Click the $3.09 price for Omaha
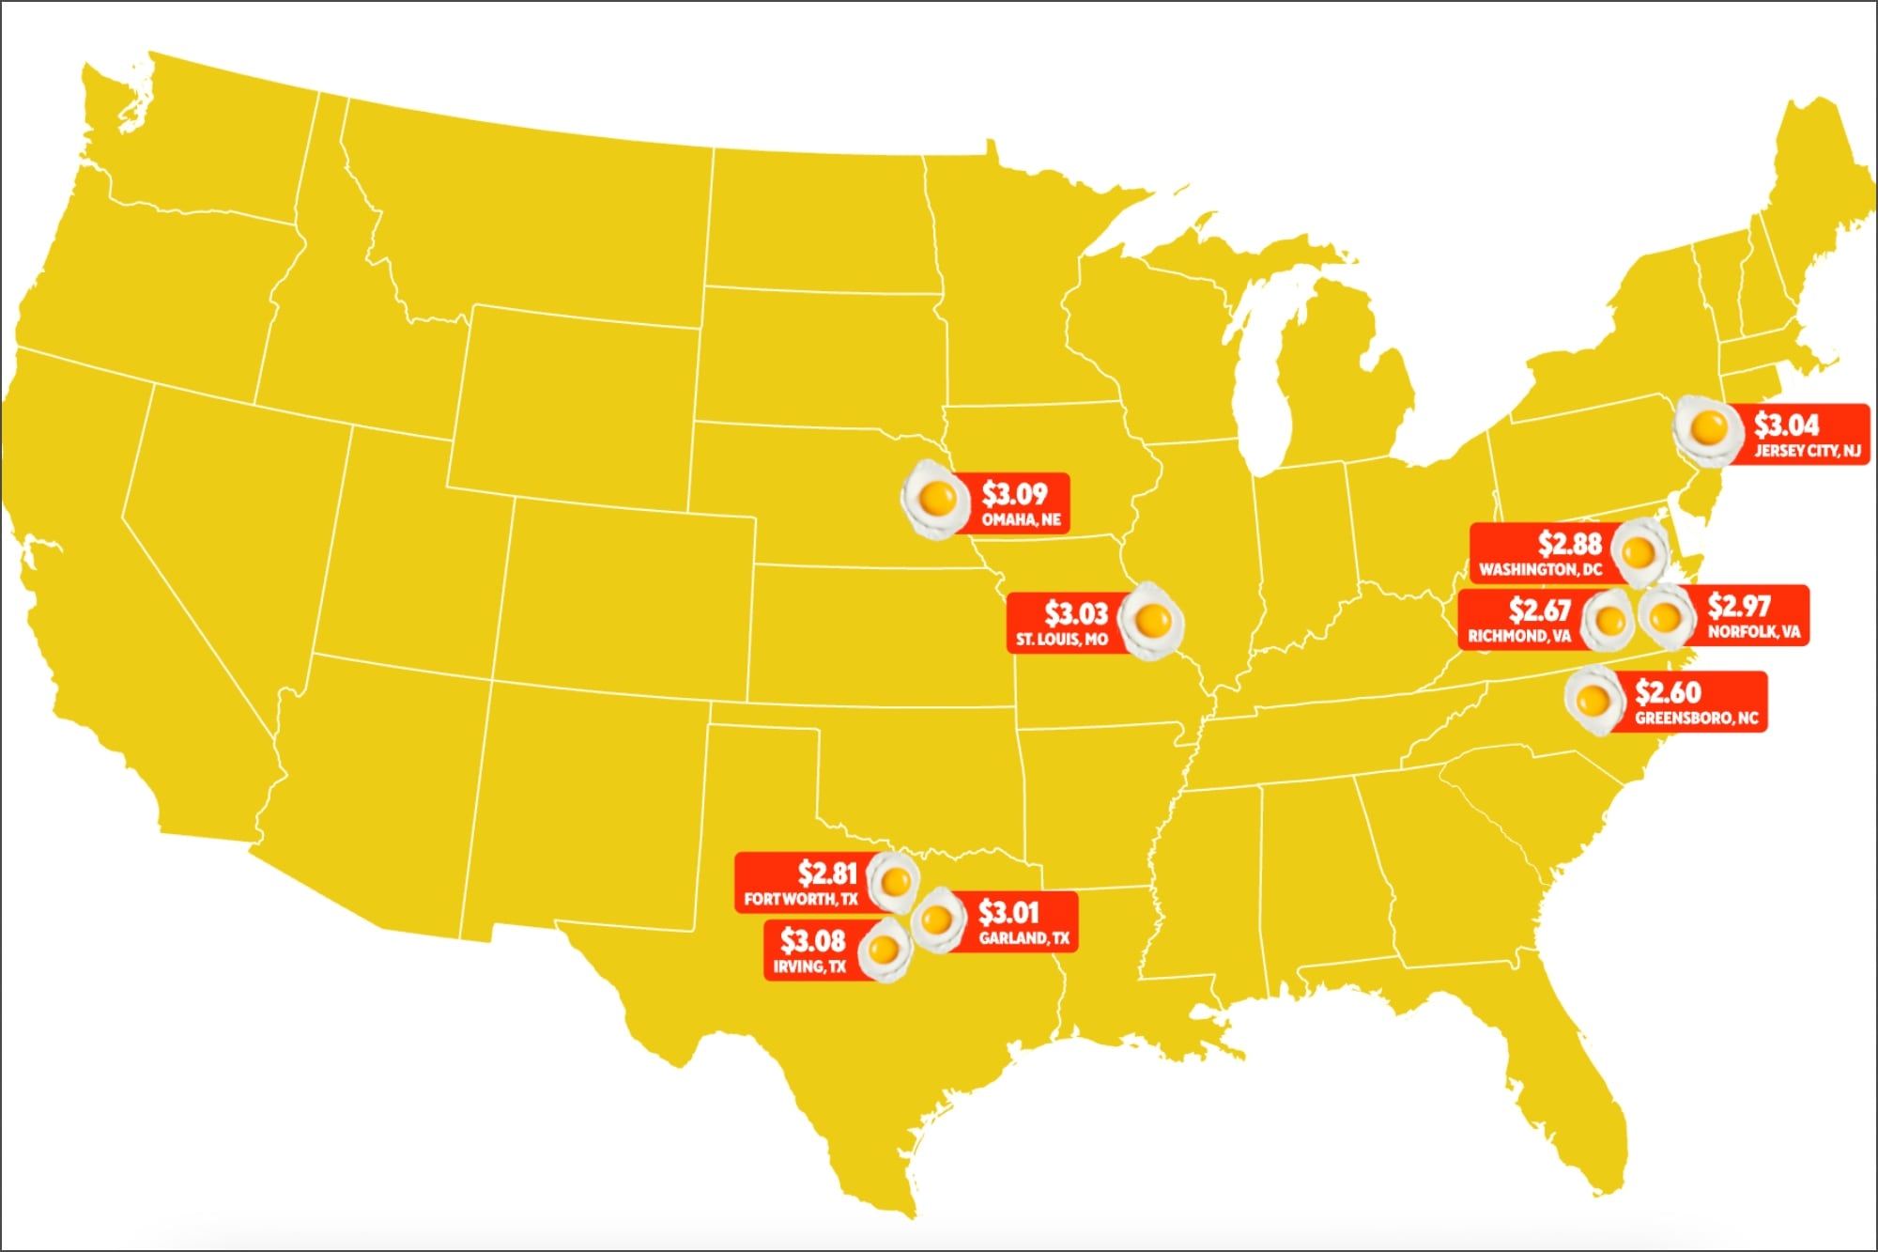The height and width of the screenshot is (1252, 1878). [1014, 493]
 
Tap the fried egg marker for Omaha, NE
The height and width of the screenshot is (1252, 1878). [934, 499]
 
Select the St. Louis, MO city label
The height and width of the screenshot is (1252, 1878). [1061, 640]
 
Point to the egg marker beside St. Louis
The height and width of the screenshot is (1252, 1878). [1152, 620]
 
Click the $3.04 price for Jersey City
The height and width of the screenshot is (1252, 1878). [1787, 425]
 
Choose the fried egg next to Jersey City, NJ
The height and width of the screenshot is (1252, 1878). [1707, 429]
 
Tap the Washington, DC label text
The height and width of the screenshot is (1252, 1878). [1540, 569]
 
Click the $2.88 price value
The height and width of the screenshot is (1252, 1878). [1569, 543]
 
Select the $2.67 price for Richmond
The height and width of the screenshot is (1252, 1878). [1540, 611]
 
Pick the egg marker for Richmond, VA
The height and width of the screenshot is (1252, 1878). [1609, 620]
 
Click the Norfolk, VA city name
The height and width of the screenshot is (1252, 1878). [1753, 631]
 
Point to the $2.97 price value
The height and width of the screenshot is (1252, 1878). [1739, 605]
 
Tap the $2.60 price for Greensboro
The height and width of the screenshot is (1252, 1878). [1668, 692]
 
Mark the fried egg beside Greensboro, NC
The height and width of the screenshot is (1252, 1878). [1593, 701]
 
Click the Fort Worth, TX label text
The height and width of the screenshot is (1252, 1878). [801, 899]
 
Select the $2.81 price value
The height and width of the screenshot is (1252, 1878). [827, 873]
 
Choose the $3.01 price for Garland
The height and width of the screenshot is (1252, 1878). [1008, 912]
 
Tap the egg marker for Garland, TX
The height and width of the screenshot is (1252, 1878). [937, 920]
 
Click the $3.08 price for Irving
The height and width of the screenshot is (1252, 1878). [812, 940]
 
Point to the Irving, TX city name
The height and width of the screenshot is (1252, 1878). [809, 966]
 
